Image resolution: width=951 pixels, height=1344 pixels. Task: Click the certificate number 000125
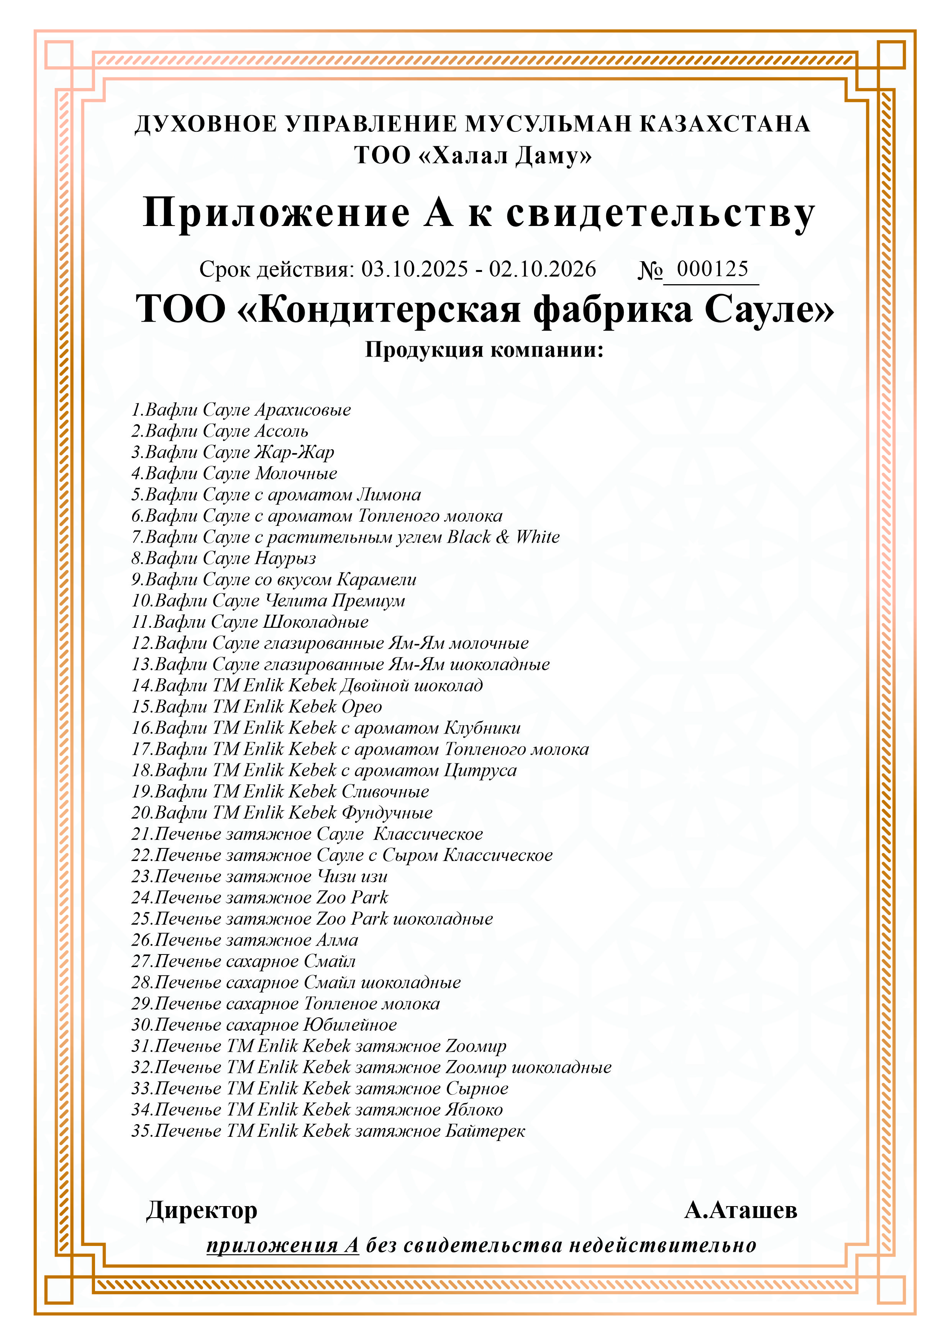pyautogui.click(x=712, y=269)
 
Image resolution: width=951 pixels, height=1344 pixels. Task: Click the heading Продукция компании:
pyautogui.click(x=484, y=350)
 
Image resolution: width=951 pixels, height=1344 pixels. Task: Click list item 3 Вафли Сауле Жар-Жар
pyautogui.click(x=233, y=452)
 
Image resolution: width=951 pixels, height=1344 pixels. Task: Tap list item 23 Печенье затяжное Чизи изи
pyautogui.click(x=259, y=876)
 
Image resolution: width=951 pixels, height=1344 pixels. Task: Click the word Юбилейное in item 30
pyautogui.click(x=349, y=1025)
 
